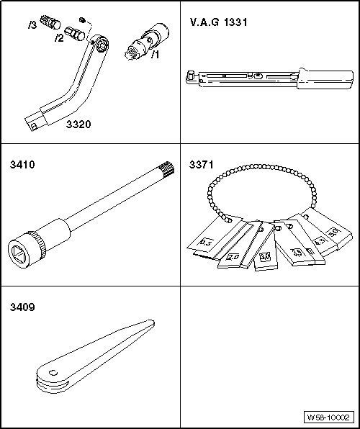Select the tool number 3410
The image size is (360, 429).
click(22, 165)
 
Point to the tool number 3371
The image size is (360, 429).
click(202, 165)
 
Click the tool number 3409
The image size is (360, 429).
click(22, 306)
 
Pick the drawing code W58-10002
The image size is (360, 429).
click(328, 417)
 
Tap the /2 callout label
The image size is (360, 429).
click(59, 37)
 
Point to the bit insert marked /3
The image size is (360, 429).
click(50, 22)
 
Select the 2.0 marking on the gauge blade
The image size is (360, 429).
click(233, 256)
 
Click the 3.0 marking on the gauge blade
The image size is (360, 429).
click(264, 256)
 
